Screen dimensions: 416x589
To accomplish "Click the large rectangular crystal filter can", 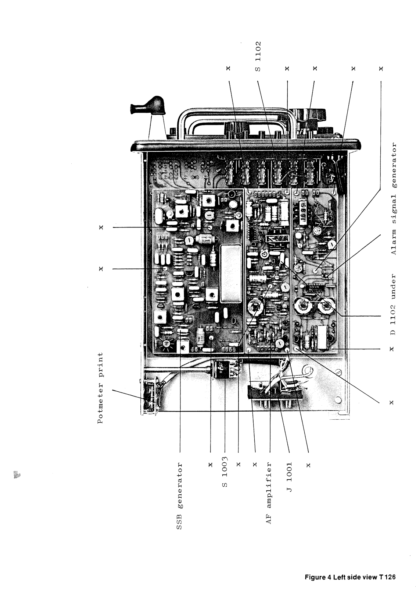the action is (x=231, y=274).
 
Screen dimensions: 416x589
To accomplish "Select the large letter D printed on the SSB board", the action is (x=233, y=321).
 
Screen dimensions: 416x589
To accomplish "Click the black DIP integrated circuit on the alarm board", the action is (x=316, y=288).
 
